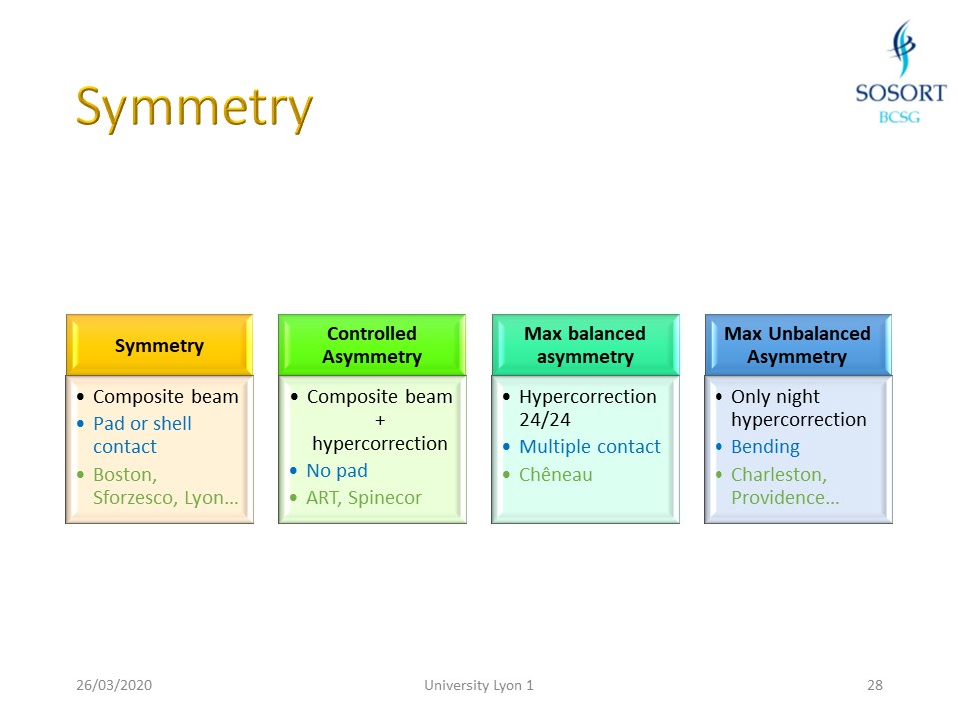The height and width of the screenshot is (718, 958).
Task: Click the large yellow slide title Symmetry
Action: click(x=195, y=107)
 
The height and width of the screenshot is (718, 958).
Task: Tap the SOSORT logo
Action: click(x=900, y=74)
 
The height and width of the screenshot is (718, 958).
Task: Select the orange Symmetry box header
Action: click(x=159, y=346)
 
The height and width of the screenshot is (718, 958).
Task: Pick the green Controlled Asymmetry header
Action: click(x=372, y=345)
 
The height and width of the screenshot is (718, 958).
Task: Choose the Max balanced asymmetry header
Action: click(x=585, y=345)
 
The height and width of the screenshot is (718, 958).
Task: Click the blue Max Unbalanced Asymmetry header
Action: click(x=797, y=345)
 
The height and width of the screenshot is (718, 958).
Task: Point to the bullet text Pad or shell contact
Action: click(x=142, y=435)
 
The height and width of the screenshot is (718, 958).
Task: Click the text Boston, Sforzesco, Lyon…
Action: click(x=165, y=486)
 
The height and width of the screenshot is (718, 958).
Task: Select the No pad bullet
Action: click(x=337, y=470)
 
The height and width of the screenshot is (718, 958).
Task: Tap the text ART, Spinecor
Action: click(x=364, y=497)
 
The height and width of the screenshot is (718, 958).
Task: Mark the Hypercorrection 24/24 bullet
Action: click(x=587, y=408)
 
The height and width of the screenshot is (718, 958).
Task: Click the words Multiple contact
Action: click(x=590, y=447)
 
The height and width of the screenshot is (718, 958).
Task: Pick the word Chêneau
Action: click(x=555, y=474)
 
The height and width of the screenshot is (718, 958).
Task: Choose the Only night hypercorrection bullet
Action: click(x=798, y=408)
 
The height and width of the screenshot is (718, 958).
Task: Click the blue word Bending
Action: click(x=765, y=447)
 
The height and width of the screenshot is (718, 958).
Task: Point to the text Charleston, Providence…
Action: click(x=784, y=486)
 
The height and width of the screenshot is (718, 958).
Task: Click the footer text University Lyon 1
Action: click(x=479, y=685)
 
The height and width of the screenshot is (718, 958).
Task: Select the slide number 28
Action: click(x=875, y=685)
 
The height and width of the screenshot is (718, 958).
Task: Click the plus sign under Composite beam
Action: click(x=379, y=420)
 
